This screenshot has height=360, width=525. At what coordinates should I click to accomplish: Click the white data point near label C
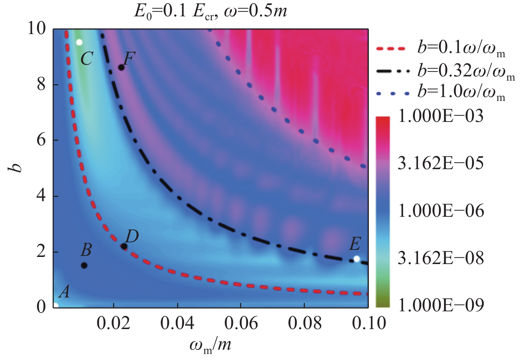tap(79, 42)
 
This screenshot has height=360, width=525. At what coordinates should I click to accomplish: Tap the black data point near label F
tap(121, 68)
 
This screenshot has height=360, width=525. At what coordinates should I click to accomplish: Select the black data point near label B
tap(84, 265)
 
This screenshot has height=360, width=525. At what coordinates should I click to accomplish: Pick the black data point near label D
tap(124, 246)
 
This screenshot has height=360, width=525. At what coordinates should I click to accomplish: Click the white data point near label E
tap(357, 259)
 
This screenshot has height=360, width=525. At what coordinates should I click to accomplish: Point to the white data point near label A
tap(55, 305)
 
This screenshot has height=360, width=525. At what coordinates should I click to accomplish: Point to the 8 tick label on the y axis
tap(42, 85)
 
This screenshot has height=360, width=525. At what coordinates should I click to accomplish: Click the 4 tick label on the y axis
tap(42, 196)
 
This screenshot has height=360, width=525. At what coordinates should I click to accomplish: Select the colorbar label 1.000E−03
tap(441, 116)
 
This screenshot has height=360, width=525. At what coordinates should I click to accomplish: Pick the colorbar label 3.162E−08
tap(441, 258)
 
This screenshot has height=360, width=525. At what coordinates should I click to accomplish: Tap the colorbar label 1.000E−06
tap(441, 211)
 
